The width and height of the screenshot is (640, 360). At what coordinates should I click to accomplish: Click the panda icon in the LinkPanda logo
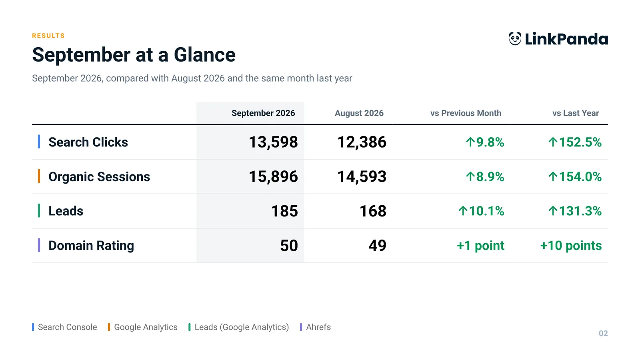pyautogui.click(x=515, y=38)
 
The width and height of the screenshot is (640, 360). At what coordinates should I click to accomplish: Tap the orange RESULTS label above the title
pyautogui.click(x=48, y=36)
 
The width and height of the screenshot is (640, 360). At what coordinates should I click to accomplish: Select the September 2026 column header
pyautogui.click(x=263, y=113)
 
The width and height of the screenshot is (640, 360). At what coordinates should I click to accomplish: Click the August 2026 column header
pyautogui.click(x=359, y=113)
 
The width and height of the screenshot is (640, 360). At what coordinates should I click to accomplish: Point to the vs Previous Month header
pyautogui.click(x=466, y=113)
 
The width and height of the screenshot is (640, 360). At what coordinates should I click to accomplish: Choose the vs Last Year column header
pyautogui.click(x=576, y=113)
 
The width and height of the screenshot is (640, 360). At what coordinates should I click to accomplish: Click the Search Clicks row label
pyautogui.click(x=88, y=142)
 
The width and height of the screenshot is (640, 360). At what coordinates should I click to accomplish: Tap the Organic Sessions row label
pyautogui.click(x=99, y=176)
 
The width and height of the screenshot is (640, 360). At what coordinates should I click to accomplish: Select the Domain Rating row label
pyautogui.click(x=91, y=246)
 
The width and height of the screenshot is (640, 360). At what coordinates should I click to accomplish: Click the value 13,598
pyautogui.click(x=273, y=142)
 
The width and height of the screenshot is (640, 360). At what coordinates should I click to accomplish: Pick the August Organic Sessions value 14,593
pyautogui.click(x=362, y=176)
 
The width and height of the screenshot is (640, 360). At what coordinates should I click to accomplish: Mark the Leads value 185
pyautogui.click(x=284, y=211)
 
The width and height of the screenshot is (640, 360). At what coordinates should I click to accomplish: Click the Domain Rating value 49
pyautogui.click(x=377, y=246)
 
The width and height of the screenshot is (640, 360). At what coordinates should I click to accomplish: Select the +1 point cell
pyautogui.click(x=480, y=246)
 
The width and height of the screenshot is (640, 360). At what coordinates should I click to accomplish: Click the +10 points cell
pyautogui.click(x=571, y=246)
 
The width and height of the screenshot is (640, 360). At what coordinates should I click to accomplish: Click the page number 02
pyautogui.click(x=603, y=334)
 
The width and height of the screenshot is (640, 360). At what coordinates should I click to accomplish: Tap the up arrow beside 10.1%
pyautogui.click(x=463, y=211)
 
